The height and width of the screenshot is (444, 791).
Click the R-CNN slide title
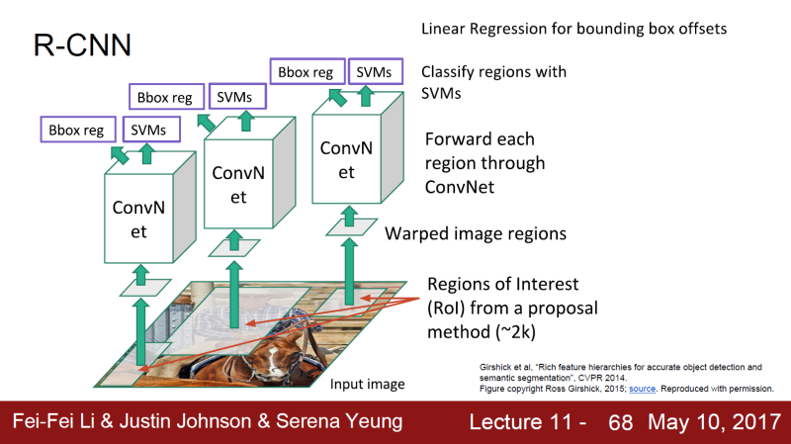68,45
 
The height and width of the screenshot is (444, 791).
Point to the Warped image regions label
475,234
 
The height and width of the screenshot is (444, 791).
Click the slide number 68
620,423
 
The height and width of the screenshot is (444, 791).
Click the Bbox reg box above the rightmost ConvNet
307,71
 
